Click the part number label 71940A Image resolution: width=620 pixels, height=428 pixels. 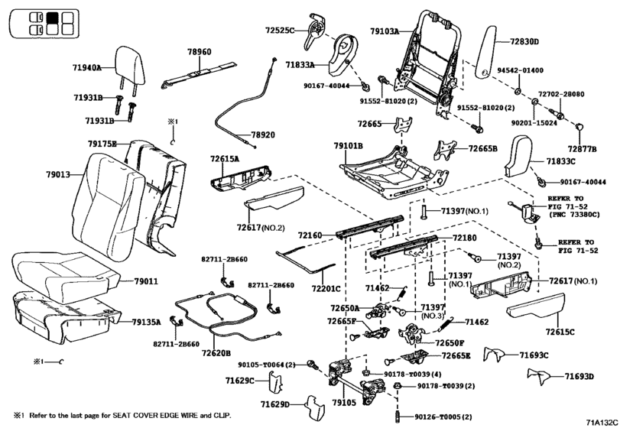pyautogui.click(x=87, y=68)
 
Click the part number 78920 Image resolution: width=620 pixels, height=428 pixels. pyautogui.click(x=263, y=135)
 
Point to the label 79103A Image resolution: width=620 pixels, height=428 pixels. pyautogui.click(x=385, y=32)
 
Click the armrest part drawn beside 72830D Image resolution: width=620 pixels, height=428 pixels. pyautogui.click(x=485, y=50)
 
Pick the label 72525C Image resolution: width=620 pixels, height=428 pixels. pyautogui.click(x=281, y=31)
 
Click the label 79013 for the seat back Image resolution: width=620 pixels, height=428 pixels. pyautogui.click(x=58, y=175)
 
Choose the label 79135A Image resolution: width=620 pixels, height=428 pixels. pyautogui.click(x=145, y=323)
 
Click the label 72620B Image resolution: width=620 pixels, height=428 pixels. pyautogui.click(x=217, y=353)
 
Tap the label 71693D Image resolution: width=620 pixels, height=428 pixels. pyautogui.click(x=579, y=377)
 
